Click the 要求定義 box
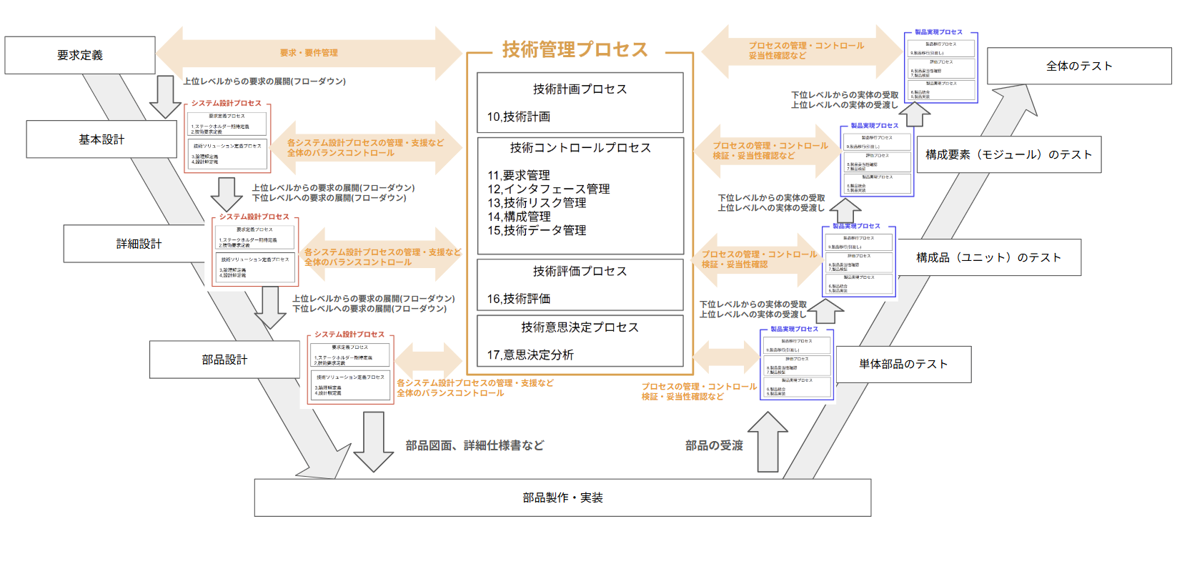pyautogui.click(x=80, y=55)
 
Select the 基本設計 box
pyautogui.click(x=101, y=139)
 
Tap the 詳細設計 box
pyautogui.click(x=139, y=244)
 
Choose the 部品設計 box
pyautogui.click(x=224, y=360)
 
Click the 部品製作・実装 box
pyautogui.click(x=562, y=498)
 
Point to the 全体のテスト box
pyautogui.click(x=1079, y=66)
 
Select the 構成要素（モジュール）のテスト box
pyautogui.click(x=1008, y=154)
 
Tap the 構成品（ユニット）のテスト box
pyautogui.click(x=988, y=257)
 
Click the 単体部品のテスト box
pyautogui.click(x=903, y=364)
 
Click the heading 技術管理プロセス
pyautogui.click(x=575, y=49)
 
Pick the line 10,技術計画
pyautogui.click(x=519, y=117)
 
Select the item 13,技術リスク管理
pyautogui.click(x=537, y=203)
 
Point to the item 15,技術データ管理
pyautogui.click(x=537, y=230)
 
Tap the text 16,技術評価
pyautogui.click(x=519, y=299)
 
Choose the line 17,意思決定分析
pyautogui.click(x=530, y=355)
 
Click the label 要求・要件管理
pyautogui.click(x=309, y=53)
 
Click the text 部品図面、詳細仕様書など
pyautogui.click(x=475, y=445)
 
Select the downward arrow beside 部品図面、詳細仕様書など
pyautogui.click(x=373, y=442)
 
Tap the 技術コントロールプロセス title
pyautogui.click(x=580, y=148)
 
